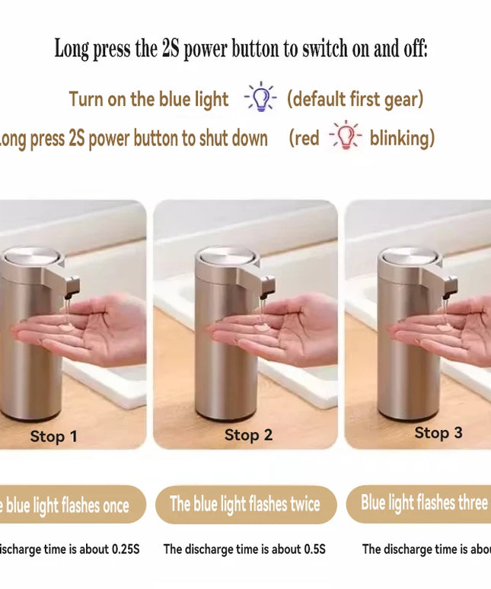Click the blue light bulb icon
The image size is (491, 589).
coord(260,98)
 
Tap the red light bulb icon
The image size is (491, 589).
coord(345,136)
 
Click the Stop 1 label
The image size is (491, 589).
coord(53,436)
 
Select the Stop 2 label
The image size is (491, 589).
coord(248,435)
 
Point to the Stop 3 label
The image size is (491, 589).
coord(438,432)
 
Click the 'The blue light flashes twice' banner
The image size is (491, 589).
coord(245,504)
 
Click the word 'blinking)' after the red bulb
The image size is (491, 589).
coord(402,138)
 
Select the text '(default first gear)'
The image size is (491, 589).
coord(355,99)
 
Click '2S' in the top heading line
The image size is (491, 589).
coord(170,49)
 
